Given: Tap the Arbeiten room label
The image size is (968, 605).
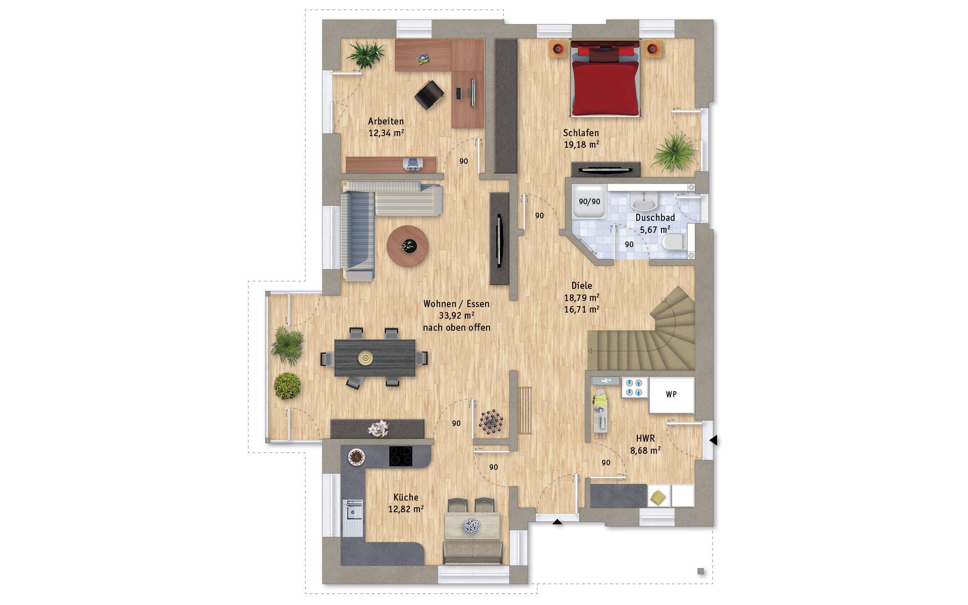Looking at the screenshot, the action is [386, 122].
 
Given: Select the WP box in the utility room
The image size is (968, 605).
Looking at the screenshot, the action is [672, 395].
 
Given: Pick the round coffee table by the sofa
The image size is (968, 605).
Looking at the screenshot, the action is [407, 246].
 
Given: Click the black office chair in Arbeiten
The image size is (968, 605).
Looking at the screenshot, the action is [429, 95].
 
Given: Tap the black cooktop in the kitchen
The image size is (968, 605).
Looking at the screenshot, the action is [401, 456].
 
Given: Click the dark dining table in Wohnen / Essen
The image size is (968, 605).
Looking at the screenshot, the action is [375, 358].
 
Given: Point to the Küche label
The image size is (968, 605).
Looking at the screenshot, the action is [406, 498].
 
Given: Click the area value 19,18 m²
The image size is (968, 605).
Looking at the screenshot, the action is [581, 145].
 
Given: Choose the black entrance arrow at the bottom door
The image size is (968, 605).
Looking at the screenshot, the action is [557, 522].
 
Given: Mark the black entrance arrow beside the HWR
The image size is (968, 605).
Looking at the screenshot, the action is [713, 440].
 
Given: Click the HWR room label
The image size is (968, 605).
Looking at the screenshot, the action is [645, 439].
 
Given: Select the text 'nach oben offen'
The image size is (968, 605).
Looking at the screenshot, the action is [456, 328].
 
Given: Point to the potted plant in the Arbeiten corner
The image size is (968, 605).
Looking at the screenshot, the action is [366, 53].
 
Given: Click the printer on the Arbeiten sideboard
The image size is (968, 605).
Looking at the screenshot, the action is [413, 163].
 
